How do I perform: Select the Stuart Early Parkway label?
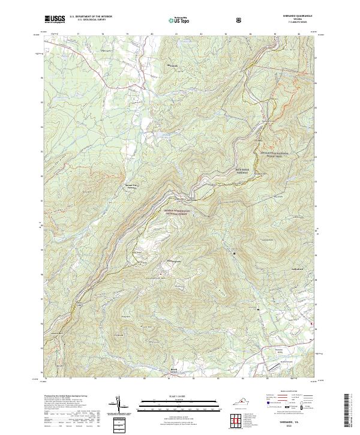pos(133,187)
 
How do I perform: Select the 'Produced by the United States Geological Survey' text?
pos(66,395)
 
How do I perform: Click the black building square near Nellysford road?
pos(259,309)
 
